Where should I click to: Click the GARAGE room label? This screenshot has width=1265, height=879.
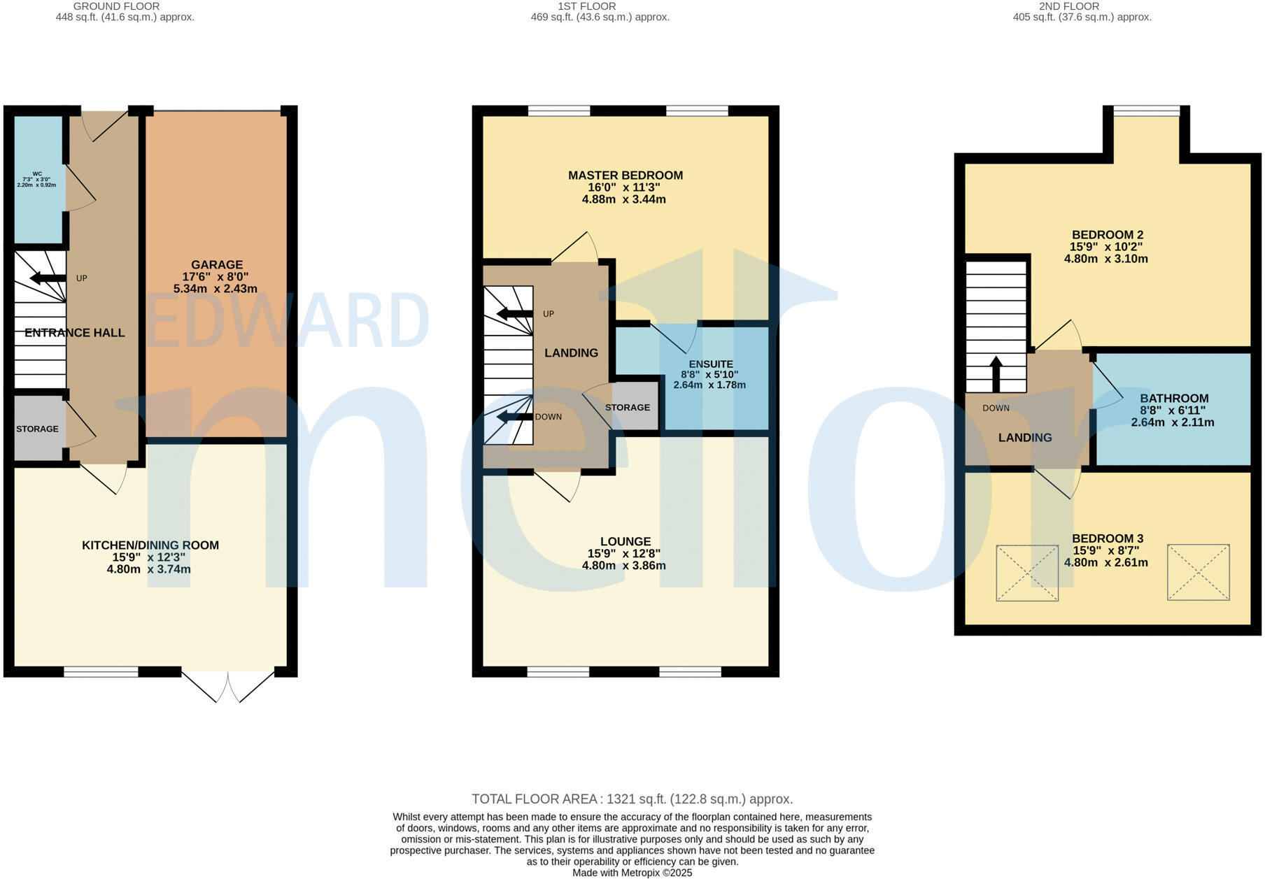217,265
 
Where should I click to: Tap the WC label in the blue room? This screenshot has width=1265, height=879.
37,174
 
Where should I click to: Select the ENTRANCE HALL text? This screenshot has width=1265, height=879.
75,333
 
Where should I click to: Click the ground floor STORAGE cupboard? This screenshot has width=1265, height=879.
38,429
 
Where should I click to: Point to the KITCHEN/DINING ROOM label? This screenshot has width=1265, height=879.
150,545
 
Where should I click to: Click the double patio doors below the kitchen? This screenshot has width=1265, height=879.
228,686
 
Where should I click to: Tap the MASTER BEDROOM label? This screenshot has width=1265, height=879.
625,176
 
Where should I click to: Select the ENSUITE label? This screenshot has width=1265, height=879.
711,364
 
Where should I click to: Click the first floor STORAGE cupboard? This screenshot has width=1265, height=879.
628,407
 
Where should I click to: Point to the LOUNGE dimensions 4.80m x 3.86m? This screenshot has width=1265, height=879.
624,566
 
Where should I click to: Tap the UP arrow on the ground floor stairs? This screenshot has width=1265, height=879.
48,278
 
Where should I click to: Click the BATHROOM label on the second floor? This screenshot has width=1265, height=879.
1174,399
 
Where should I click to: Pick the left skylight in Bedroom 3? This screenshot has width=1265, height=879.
1027,572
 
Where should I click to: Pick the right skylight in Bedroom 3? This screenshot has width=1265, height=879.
1198,572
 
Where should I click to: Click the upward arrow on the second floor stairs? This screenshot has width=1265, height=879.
996,374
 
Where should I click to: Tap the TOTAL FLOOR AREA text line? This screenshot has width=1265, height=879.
632,799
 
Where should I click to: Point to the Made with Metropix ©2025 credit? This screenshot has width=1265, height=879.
632,873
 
